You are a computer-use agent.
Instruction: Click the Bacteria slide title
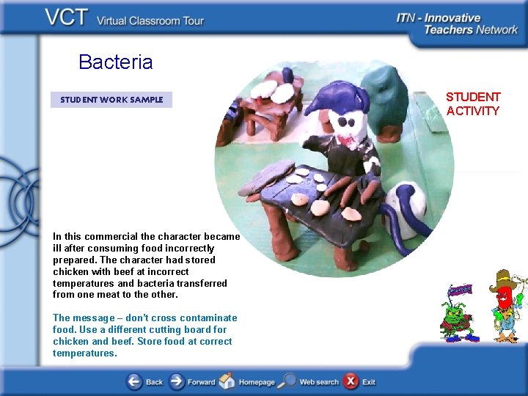click(x=115, y=62)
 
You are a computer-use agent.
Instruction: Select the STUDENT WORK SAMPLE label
click(x=111, y=100)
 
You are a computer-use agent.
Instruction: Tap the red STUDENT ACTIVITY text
click(x=472, y=104)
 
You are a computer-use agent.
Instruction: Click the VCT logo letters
click(x=68, y=18)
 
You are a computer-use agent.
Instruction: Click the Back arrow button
click(x=134, y=381)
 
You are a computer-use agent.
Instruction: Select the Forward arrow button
click(x=177, y=381)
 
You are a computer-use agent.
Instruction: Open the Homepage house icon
click(x=227, y=381)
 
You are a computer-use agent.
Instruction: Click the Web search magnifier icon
click(x=287, y=381)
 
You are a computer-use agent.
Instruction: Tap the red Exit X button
click(x=351, y=381)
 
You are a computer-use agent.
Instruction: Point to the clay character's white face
click(x=345, y=122)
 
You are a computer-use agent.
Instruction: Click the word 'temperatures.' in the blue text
click(x=84, y=353)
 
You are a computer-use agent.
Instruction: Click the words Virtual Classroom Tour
click(x=150, y=21)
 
